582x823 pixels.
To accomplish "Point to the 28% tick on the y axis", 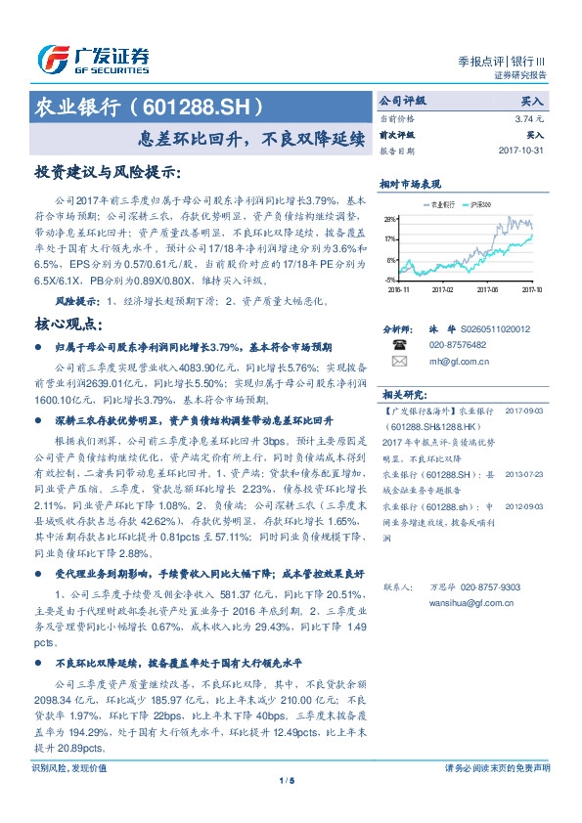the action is click(390, 219).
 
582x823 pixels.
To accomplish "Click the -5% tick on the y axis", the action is click(391, 280).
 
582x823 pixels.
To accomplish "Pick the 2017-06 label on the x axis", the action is click(487, 289).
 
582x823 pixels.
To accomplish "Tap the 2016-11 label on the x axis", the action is click(399, 289).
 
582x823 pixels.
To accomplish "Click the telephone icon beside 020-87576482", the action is click(398, 345).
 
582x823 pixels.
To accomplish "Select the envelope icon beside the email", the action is click(398, 361).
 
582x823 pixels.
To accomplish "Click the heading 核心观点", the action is click(70, 325).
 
